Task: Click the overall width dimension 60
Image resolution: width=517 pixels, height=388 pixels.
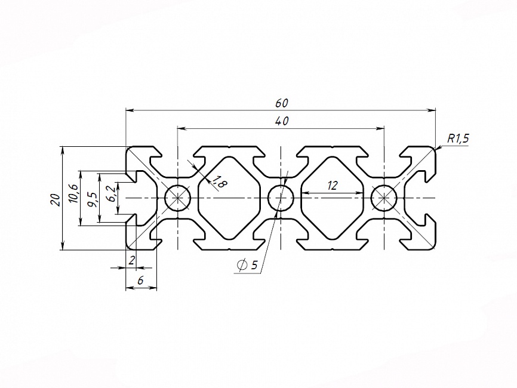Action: (x=281, y=103)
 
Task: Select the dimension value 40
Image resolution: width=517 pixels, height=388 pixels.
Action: (x=282, y=121)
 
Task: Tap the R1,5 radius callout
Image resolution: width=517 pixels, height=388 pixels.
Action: (x=458, y=138)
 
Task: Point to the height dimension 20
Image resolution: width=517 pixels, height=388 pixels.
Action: (x=55, y=199)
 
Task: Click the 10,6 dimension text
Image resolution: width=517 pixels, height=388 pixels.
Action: (x=73, y=194)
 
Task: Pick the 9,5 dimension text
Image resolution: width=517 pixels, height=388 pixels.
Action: (x=91, y=197)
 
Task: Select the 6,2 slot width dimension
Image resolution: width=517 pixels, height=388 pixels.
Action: (x=110, y=193)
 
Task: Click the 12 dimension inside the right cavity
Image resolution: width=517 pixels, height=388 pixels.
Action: (x=333, y=186)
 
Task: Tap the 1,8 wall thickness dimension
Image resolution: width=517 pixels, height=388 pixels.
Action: (x=219, y=183)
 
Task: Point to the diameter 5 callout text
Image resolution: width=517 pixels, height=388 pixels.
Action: (x=254, y=266)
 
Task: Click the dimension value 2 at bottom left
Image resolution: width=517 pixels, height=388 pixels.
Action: (x=132, y=260)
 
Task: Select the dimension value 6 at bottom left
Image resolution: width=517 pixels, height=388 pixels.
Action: (x=141, y=279)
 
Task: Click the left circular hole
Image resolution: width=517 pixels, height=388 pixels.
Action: (x=177, y=198)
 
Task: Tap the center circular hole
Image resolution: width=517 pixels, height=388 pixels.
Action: (x=281, y=198)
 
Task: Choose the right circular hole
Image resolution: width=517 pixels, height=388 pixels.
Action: (x=384, y=198)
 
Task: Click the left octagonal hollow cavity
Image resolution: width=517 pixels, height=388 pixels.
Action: (x=229, y=198)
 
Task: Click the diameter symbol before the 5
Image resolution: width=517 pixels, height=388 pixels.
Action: (x=242, y=266)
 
